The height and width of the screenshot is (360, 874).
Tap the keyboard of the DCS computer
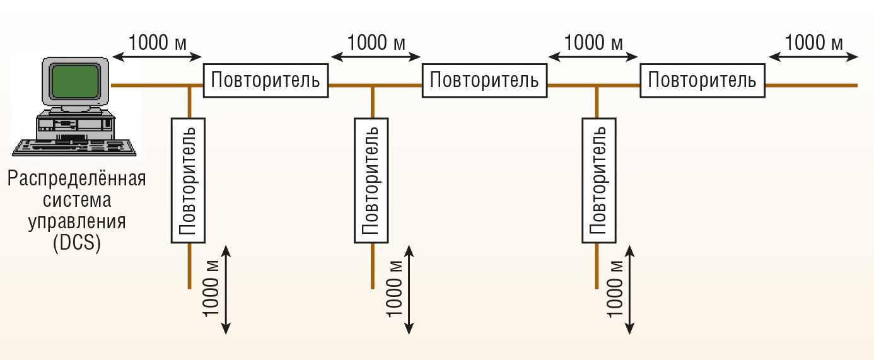click(x=74, y=146)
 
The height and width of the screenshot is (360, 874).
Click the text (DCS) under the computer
click(x=77, y=243)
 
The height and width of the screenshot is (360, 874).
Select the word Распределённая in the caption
click(x=77, y=179)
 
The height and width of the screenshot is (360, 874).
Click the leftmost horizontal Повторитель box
click(x=265, y=80)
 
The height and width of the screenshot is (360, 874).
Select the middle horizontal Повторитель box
click(x=484, y=81)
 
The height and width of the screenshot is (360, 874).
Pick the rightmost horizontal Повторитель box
click(x=702, y=81)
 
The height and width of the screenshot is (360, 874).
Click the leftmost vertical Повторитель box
click(x=189, y=179)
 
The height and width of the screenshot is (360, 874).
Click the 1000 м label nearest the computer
click(x=157, y=43)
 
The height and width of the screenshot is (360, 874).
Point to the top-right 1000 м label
click(x=813, y=43)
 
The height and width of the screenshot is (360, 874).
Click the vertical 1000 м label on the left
click(x=211, y=289)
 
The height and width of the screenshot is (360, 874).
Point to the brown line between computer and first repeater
click(x=151, y=84)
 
